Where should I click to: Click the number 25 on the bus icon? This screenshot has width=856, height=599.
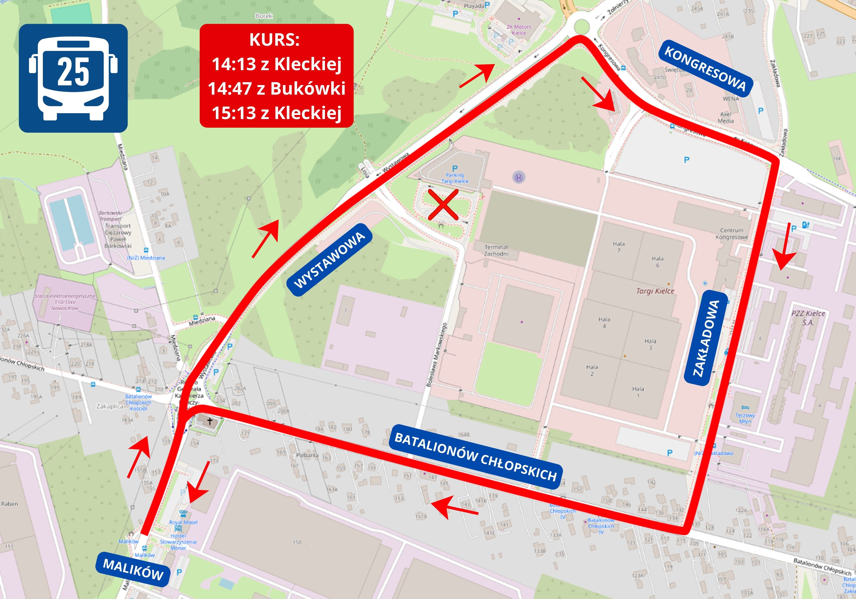coord(73,72)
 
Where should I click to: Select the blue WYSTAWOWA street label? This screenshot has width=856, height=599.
coord(329,260)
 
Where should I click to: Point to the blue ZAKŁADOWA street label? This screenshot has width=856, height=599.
coord(706,338)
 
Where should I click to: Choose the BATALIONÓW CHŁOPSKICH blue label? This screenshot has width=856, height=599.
coord(475,457)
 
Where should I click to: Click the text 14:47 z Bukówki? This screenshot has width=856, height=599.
coord(276,88)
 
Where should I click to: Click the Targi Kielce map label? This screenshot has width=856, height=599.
coord(655,291)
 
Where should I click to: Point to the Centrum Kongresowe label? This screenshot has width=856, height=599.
coord(731,234)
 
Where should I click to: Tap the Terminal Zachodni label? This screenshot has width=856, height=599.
coord(496,250)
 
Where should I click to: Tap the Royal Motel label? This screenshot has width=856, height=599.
coord(183,522)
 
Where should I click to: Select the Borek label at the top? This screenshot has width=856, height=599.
coord(264,16)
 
